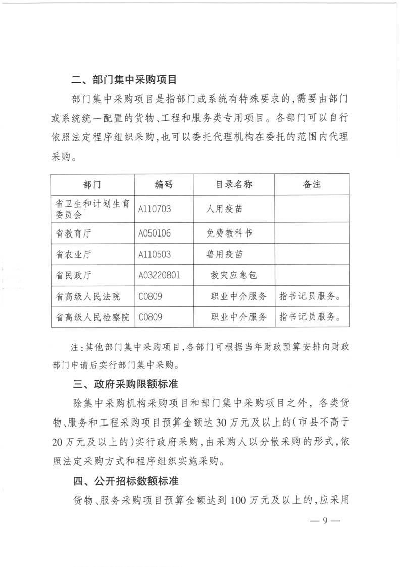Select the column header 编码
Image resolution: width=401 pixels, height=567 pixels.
coord(164,184)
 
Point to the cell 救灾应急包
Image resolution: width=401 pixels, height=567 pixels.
coord(234,275)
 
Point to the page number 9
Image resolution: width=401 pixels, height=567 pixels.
coord(325,521)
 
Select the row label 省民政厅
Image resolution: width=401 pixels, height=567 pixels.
coord(73,275)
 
